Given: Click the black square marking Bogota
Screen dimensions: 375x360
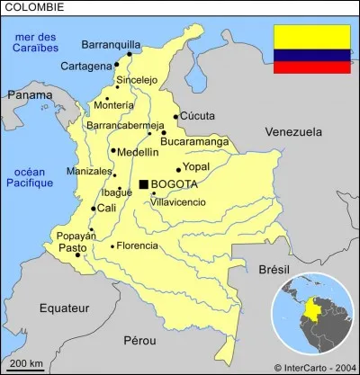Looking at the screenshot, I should [143, 184].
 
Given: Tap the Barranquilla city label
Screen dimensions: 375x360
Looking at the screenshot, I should [111, 44].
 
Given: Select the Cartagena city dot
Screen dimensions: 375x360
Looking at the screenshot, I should [116, 65].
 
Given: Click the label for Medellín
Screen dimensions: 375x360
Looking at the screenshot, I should [138, 152].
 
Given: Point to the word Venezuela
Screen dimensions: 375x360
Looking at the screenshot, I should [293, 132].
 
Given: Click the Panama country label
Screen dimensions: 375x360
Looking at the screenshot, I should [29, 94].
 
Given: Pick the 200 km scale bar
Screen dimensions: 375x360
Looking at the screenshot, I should [24, 367].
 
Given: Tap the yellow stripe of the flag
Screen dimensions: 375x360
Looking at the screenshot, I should [311, 36].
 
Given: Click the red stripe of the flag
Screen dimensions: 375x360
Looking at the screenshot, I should [311, 67].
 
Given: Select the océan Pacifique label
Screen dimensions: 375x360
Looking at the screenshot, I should [31, 176].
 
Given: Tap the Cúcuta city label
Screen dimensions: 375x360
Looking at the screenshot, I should [197, 116].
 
